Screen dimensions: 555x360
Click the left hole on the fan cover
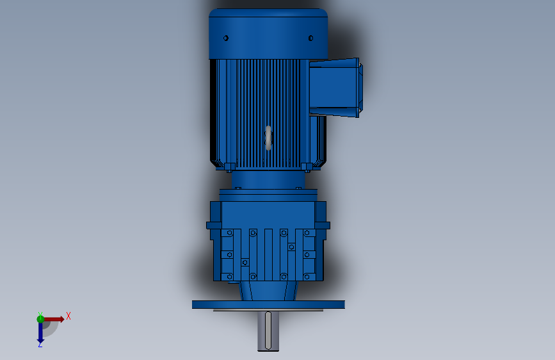pyautogui.click(x=226, y=38)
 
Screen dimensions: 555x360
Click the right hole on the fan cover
pyautogui.click(x=310, y=38)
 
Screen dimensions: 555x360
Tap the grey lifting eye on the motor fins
pyautogui.click(x=268, y=138)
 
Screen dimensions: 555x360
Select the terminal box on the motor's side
pyautogui.click(x=336, y=88)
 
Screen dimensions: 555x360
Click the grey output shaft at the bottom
pyautogui.click(x=268, y=331)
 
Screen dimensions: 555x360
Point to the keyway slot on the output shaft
pyautogui.click(x=268, y=330)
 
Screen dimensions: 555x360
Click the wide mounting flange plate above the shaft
pyautogui.click(x=268, y=305)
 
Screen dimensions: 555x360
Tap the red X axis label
pyautogui.click(x=68, y=316)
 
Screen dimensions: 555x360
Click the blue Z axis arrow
pyautogui.click(x=40, y=332)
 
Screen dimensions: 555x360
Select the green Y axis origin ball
pyautogui.click(x=40, y=319)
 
